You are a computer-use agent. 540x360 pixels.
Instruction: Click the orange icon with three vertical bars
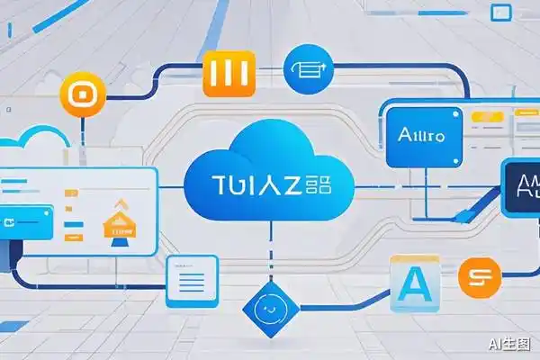click(x=229, y=72)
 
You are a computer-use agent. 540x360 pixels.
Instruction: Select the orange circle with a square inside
click(x=76, y=94)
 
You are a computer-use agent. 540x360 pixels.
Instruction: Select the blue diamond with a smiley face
click(x=268, y=307)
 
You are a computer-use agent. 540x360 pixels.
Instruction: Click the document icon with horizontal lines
click(x=193, y=282)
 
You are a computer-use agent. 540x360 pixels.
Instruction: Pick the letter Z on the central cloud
click(x=293, y=187)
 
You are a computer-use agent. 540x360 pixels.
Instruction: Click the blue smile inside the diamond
click(x=268, y=307)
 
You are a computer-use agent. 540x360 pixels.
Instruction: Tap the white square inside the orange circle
click(x=76, y=94)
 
